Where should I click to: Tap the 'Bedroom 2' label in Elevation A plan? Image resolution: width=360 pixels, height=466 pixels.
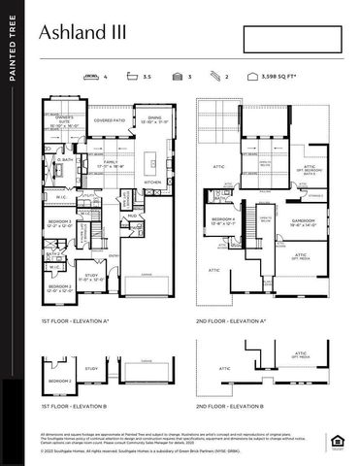click(60, 287)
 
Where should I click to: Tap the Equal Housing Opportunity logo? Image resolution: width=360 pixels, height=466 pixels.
click(338, 445)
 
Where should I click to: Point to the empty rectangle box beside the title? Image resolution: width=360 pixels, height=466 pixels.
click(294, 39)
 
